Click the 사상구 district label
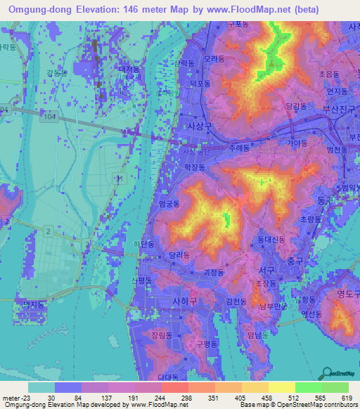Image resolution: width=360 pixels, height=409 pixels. tap(196, 126)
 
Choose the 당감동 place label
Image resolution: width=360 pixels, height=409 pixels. tap(297, 105)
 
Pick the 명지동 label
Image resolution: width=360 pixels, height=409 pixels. tap(33, 304)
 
